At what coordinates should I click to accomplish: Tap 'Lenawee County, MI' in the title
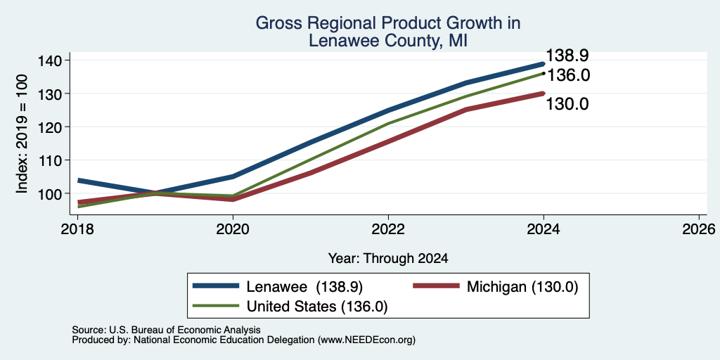point(388,41)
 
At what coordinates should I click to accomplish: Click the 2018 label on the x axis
point(77,229)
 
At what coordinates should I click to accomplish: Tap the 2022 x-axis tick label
point(388,229)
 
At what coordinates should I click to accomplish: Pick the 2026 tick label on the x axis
point(700,229)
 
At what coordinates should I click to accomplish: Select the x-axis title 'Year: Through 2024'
point(388,259)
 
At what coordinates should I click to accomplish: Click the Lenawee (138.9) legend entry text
point(305,287)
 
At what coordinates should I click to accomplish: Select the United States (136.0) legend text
point(317,307)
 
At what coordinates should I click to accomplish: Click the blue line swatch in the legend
point(216,286)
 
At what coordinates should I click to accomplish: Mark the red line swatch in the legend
point(436,286)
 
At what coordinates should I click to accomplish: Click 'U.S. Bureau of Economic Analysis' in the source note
point(185,330)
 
